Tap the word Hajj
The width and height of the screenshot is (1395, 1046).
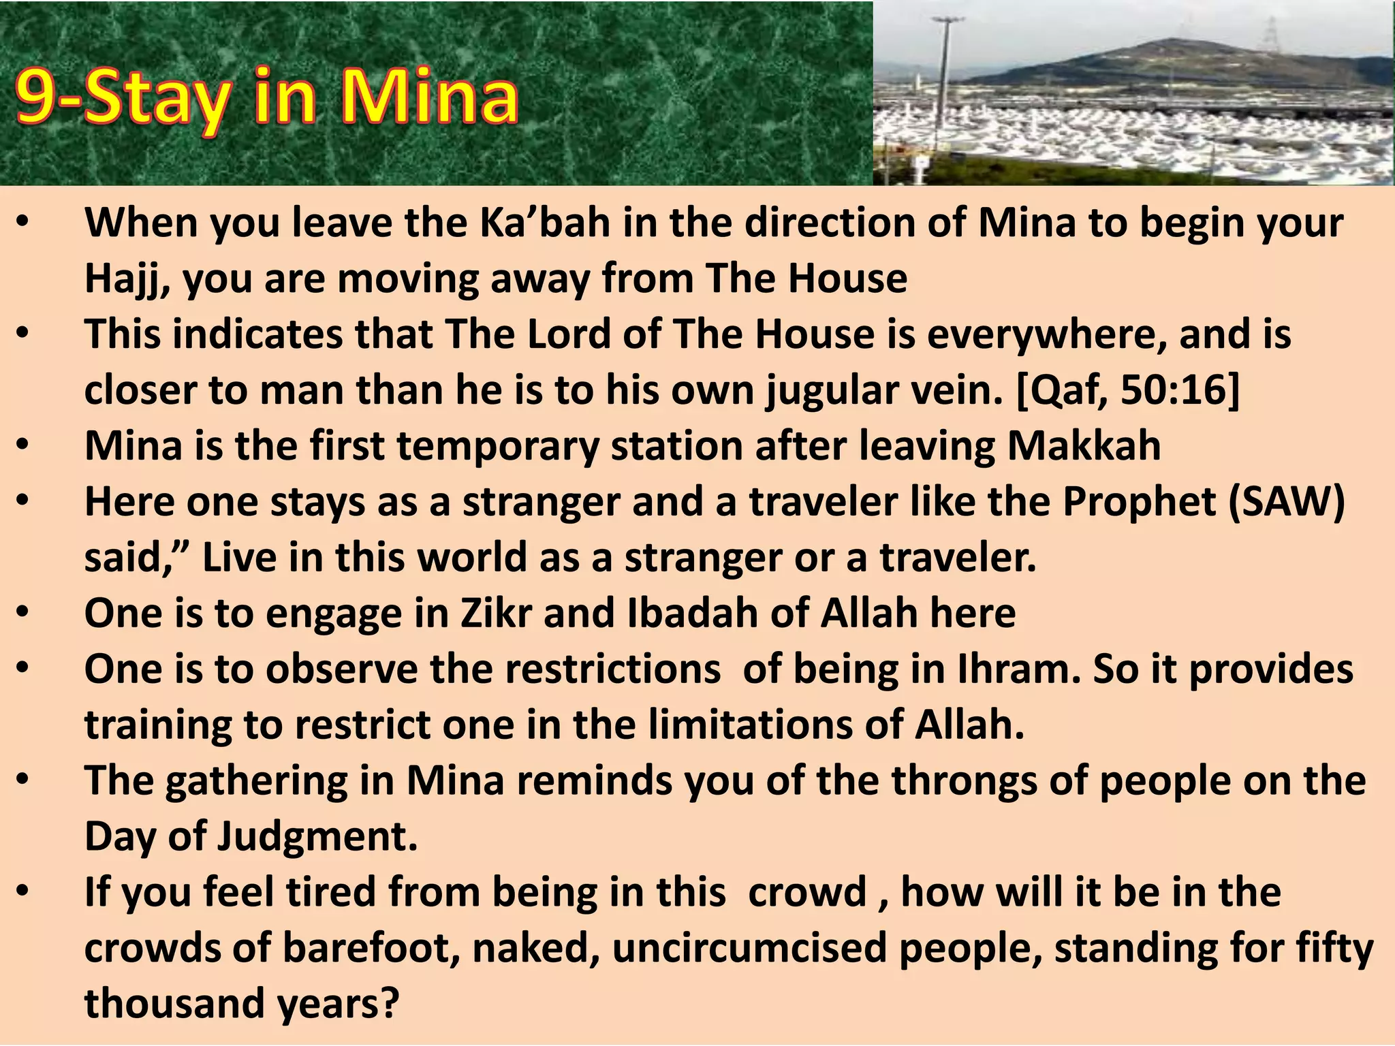pyautogui.click(x=127, y=279)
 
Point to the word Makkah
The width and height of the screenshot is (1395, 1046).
pyautogui.click(x=1084, y=446)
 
